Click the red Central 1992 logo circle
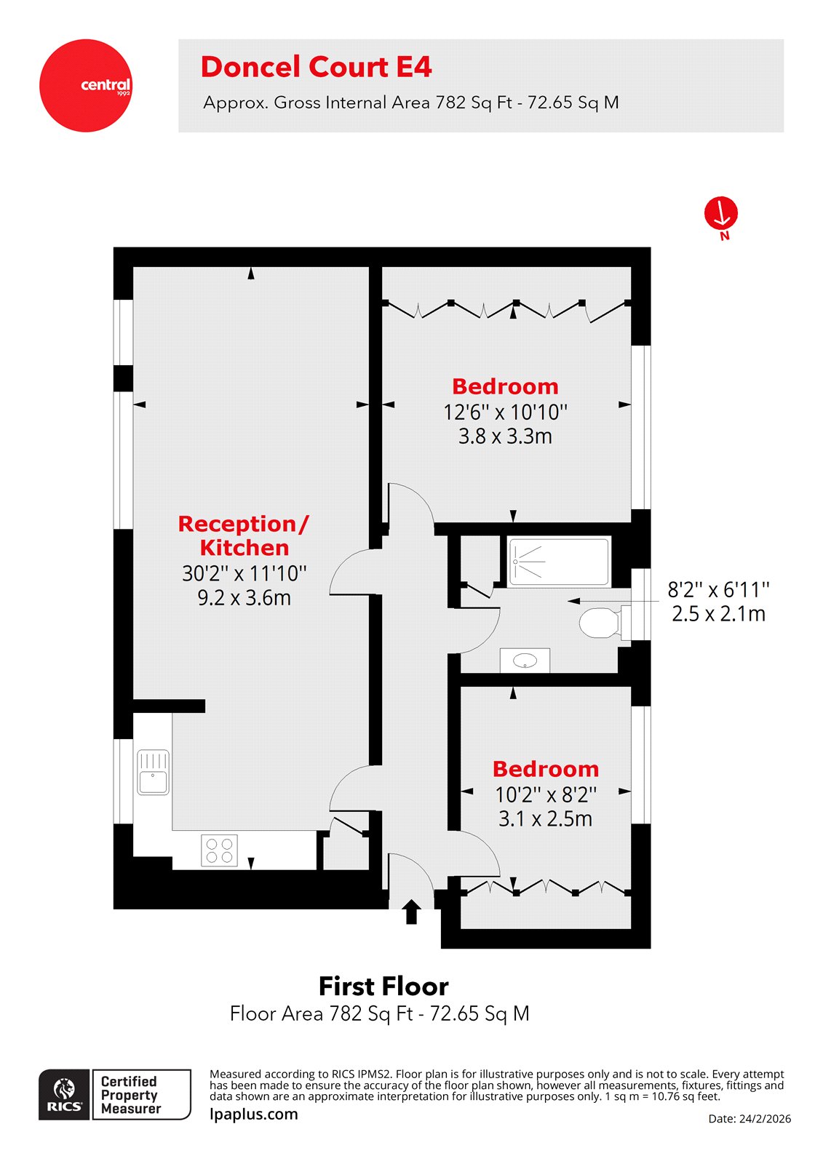[86, 86]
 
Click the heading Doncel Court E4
[316, 67]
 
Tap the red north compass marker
[720, 214]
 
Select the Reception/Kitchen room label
[244, 535]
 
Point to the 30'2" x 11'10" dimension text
[244, 573]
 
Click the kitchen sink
[154, 773]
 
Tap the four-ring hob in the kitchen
[220, 850]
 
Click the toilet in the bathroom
[599, 623]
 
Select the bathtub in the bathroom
[559, 562]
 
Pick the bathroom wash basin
[525, 661]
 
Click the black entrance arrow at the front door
[411, 912]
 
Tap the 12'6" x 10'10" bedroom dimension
[505, 412]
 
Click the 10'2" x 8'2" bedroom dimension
[545, 794]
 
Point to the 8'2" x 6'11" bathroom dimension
[718, 589]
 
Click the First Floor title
[383, 986]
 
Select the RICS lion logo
[65, 1094]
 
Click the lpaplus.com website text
[253, 1114]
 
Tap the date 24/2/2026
[750, 1119]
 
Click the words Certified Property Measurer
[130, 1095]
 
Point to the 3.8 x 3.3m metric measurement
[505, 436]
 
